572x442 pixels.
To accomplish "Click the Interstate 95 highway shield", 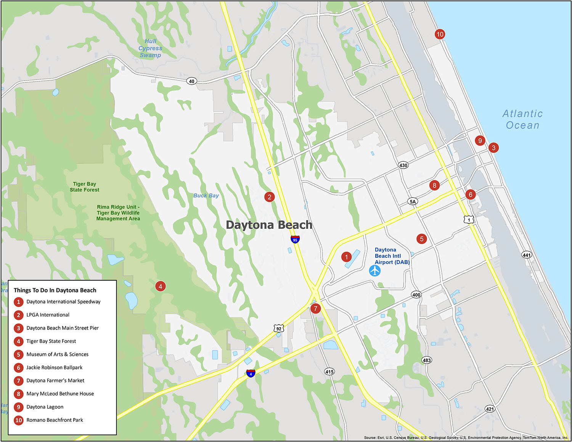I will point(295,239).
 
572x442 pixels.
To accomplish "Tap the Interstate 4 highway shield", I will point(251,373).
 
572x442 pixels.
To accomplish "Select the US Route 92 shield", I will point(279,328).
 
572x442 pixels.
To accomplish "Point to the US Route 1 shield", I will point(469,219).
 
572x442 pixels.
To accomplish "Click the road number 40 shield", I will point(191,81).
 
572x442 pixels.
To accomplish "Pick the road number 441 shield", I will point(527,255).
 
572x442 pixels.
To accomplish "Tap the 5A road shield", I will point(412,201).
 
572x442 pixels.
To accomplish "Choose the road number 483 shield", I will point(427,360).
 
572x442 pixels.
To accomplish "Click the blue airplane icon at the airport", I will point(375,270).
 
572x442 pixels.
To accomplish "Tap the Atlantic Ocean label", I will point(522,119).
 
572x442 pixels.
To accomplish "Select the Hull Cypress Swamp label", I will point(150,48).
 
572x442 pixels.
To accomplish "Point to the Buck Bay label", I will point(206,196).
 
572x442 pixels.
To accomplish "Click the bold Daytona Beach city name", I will point(269,225).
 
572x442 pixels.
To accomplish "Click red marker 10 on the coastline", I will point(440,34).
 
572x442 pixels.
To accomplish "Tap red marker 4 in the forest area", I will point(161,286).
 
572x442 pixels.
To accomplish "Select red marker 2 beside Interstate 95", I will point(270,197).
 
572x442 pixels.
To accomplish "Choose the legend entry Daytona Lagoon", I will point(45,407).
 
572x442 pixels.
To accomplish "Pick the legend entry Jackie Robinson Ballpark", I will point(54,368).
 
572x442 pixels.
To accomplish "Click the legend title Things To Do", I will point(55,290).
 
